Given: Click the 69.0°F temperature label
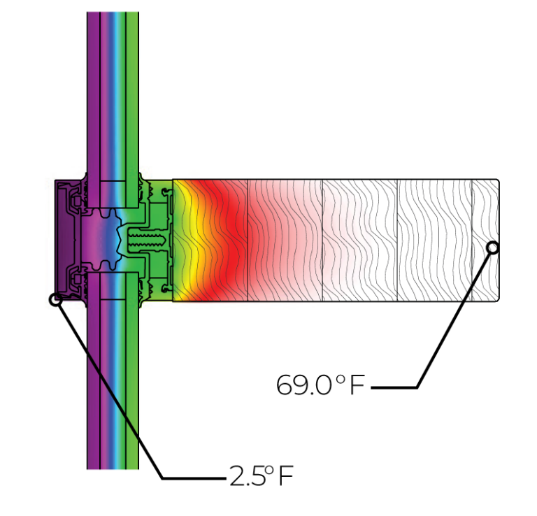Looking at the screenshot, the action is coord(320,385).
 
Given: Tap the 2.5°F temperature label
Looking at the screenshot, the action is coord(262,475).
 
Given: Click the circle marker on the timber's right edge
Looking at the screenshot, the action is coord(493,248).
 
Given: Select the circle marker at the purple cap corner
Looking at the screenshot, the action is coord(55,300).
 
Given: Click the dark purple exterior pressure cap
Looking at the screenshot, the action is coord(67,240).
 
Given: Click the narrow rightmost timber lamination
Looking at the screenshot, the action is coord(485,240).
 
